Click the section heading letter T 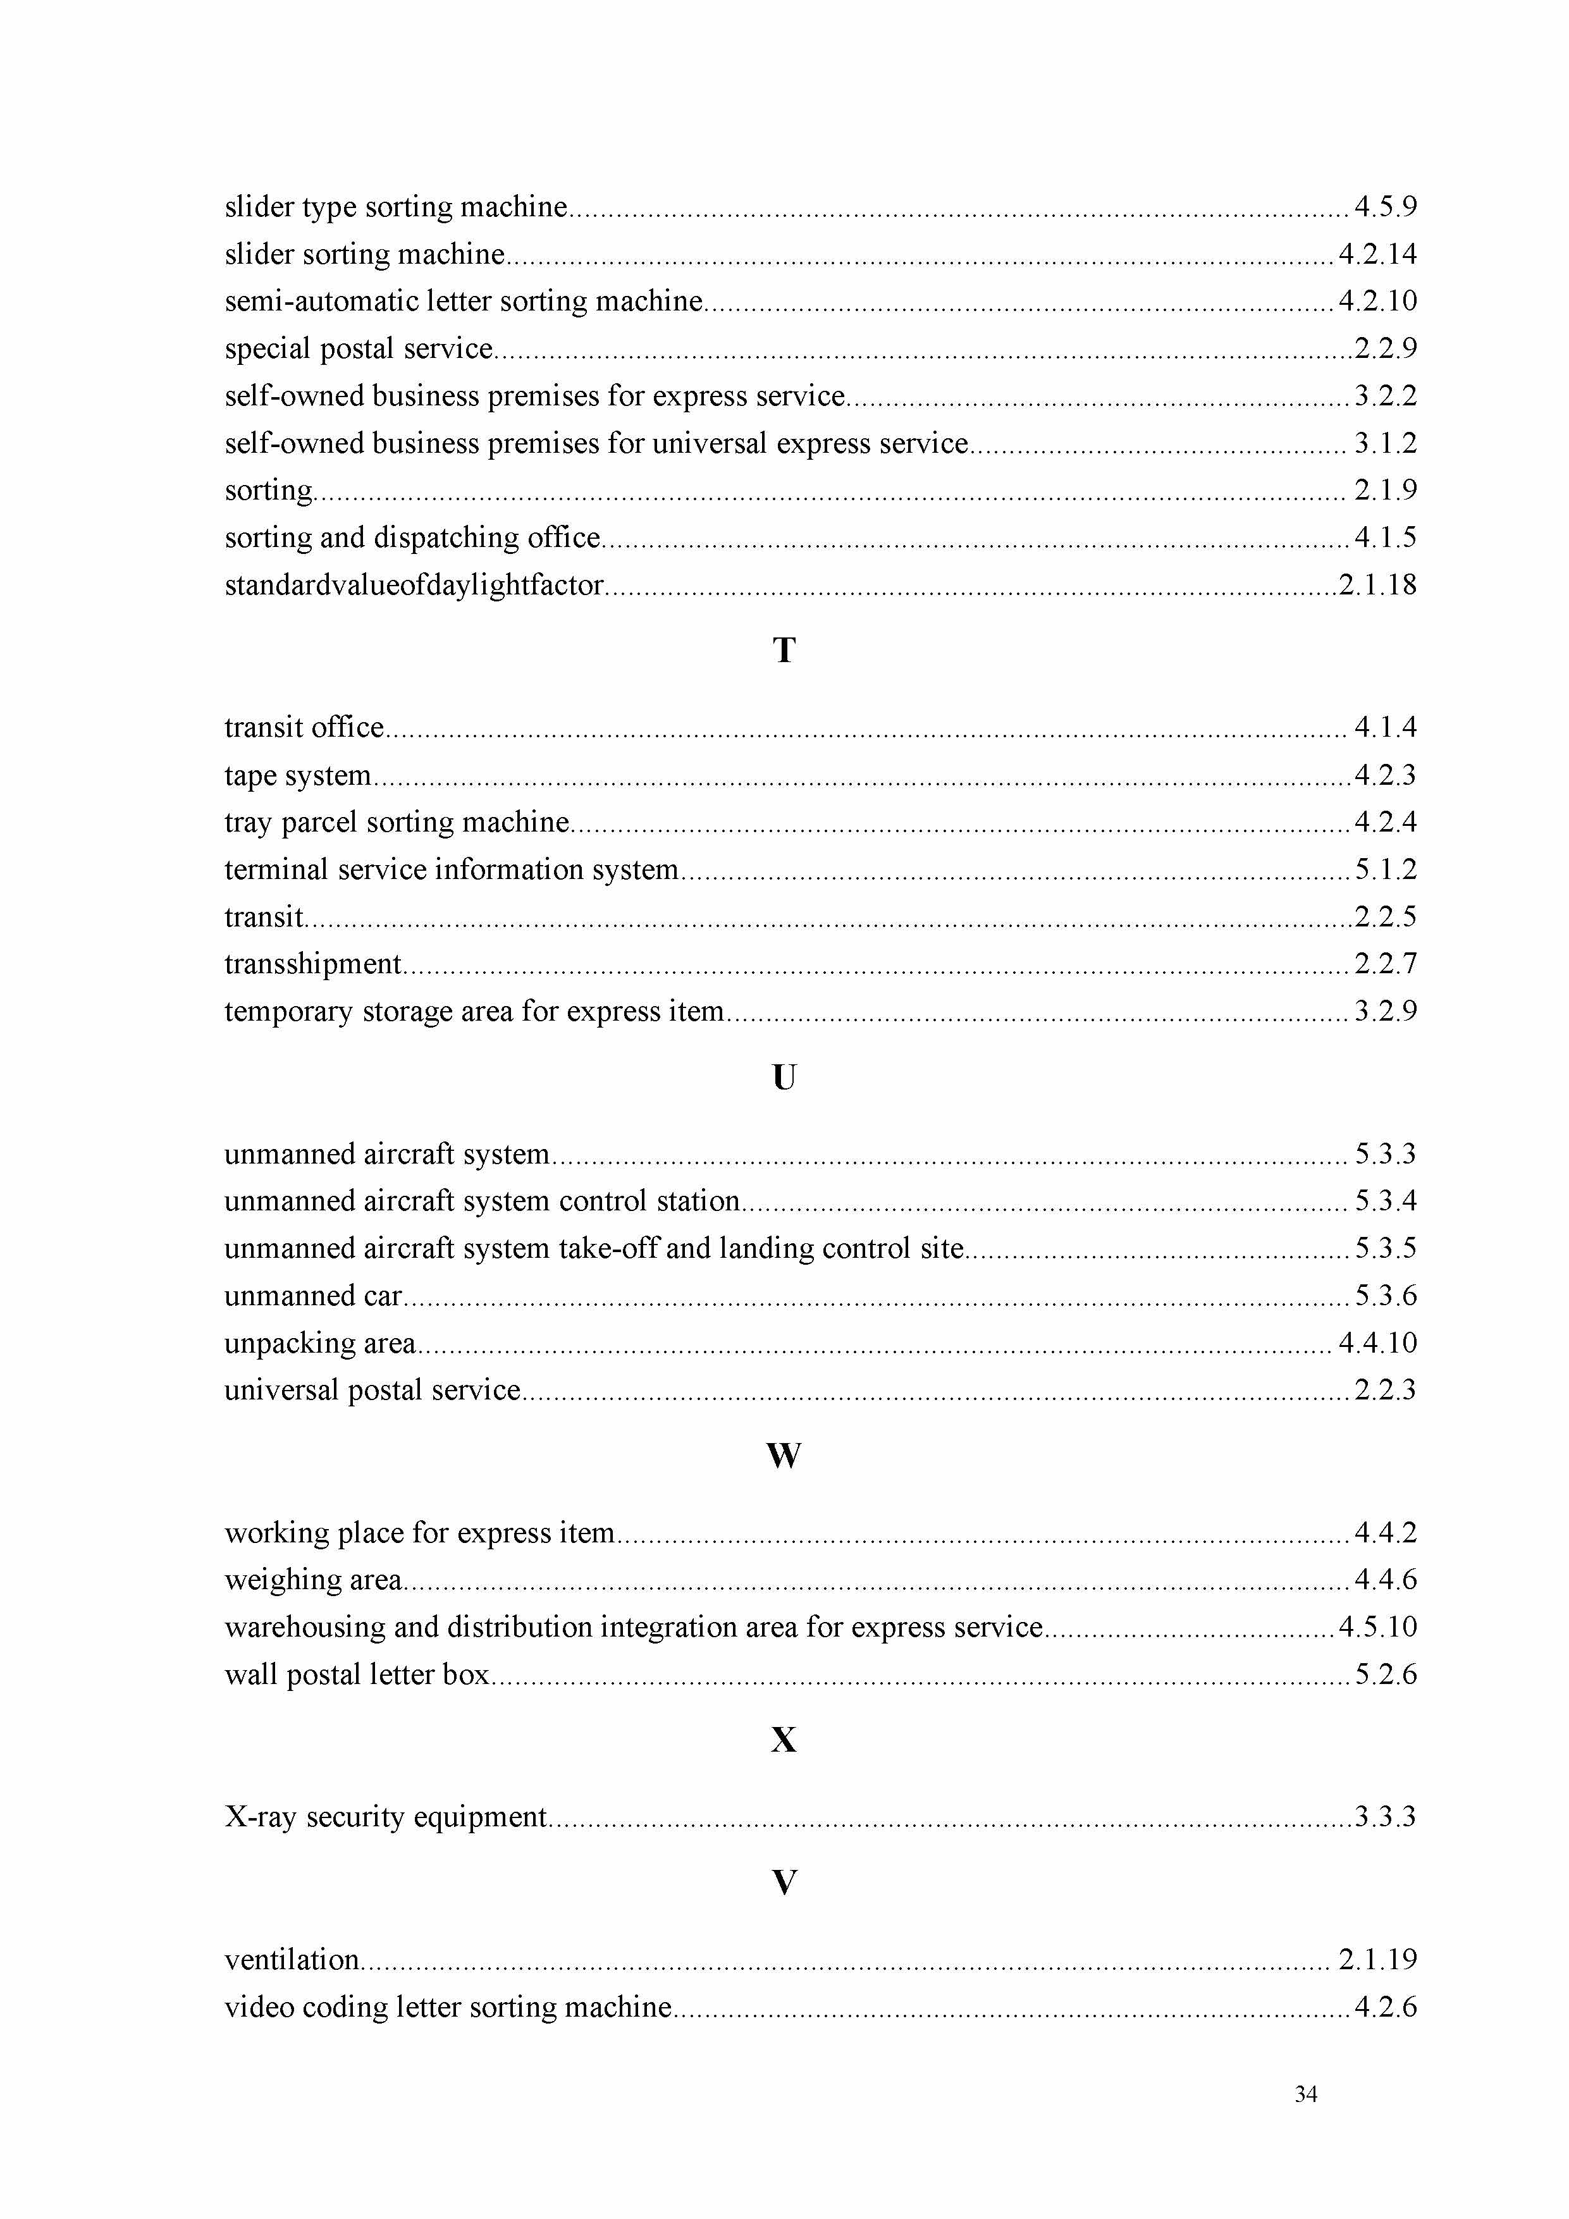tap(784, 651)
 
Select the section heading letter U tap(784, 1078)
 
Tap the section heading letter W tap(784, 1456)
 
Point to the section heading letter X tap(784, 1740)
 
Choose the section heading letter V tap(784, 1883)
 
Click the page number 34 tap(1305, 2094)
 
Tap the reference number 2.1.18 tap(1377, 585)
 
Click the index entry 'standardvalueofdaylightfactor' tap(414, 585)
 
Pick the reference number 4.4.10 tap(1377, 1343)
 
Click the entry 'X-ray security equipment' tap(386, 1817)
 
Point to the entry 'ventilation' tap(292, 1959)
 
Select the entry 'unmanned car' tap(313, 1295)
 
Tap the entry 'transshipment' tap(312, 964)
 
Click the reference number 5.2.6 tap(1386, 1674)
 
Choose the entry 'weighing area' tap(313, 1579)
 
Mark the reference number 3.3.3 tap(1386, 1817)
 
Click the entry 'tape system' tap(298, 775)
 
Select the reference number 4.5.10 tap(1377, 1626)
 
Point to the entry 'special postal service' tap(359, 348)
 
